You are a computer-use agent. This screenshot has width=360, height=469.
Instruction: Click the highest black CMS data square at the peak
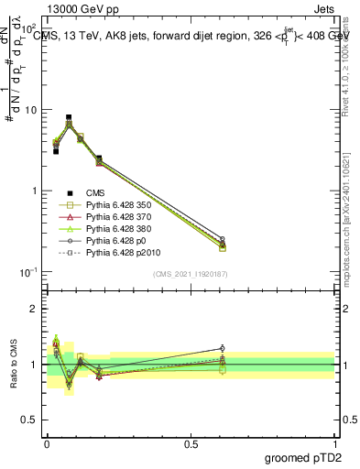[x=69, y=118]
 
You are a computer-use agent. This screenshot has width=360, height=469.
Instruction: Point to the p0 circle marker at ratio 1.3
[x=223, y=348]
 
